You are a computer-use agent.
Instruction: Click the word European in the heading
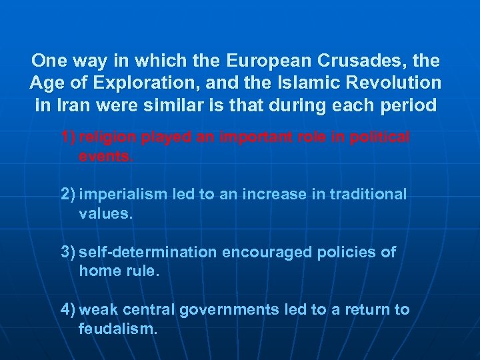pos(265,61)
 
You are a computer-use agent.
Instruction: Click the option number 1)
pos(68,137)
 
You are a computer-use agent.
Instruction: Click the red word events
pos(105,157)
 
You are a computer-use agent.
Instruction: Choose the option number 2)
pos(68,194)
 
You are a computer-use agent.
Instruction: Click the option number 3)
pos(68,252)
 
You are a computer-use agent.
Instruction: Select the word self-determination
pos(148,252)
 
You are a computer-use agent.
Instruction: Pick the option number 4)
pos(68,309)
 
